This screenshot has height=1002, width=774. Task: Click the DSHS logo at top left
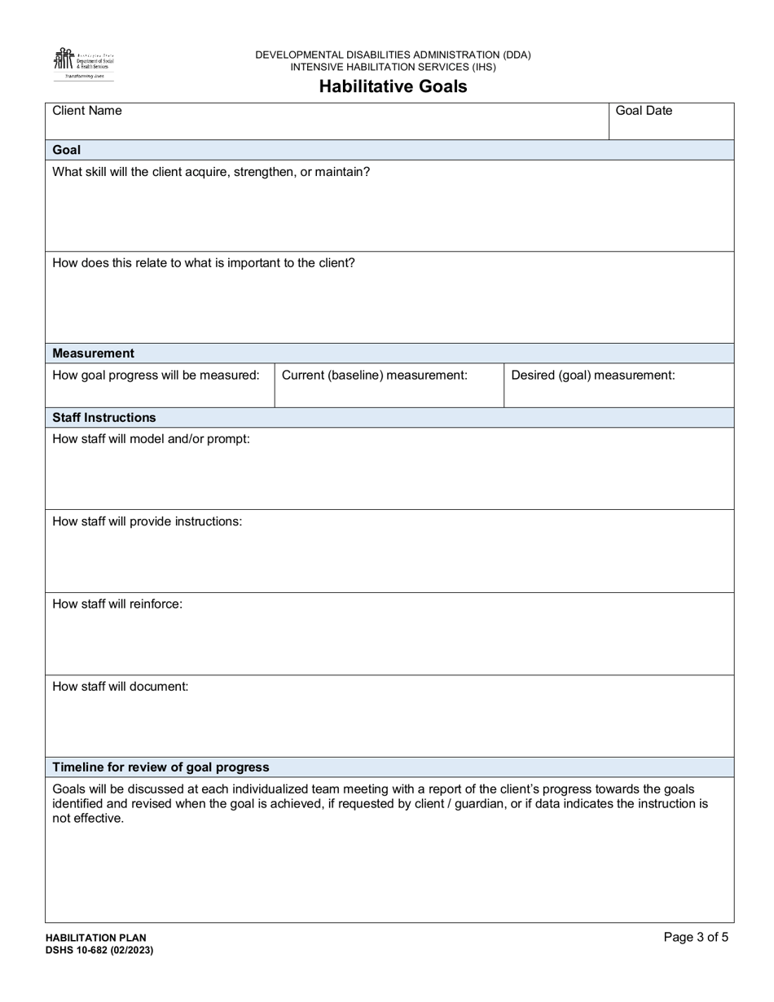click(x=83, y=64)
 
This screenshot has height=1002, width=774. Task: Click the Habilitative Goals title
click(x=393, y=86)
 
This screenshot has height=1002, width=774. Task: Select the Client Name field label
click(x=87, y=111)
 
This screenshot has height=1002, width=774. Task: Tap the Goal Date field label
click(x=644, y=111)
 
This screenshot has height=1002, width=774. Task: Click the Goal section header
click(x=67, y=150)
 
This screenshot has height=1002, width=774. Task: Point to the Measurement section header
click(x=94, y=353)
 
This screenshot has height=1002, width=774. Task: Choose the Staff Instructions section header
click(x=104, y=417)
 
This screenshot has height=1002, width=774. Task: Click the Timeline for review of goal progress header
click(x=161, y=767)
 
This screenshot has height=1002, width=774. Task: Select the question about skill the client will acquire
click(x=211, y=172)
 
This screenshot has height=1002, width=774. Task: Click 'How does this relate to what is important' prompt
click(x=204, y=263)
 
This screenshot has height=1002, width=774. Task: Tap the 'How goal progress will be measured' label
click(x=156, y=375)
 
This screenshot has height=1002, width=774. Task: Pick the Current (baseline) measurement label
click(x=374, y=375)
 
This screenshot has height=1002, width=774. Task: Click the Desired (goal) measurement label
click(x=592, y=375)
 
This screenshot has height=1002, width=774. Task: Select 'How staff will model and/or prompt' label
click(x=151, y=438)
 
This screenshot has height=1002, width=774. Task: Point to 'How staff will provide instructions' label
click(x=147, y=521)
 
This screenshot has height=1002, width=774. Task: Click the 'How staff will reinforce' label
click(x=117, y=604)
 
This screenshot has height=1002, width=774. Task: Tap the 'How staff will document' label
click(x=121, y=686)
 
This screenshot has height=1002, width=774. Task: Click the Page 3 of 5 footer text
click(x=696, y=937)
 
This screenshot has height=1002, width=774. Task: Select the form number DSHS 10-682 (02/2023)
click(x=99, y=950)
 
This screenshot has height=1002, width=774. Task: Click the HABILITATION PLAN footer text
click(x=96, y=938)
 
